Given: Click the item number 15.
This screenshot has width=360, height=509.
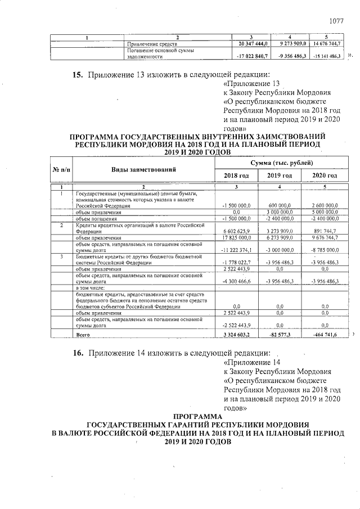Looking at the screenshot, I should tap(78, 75).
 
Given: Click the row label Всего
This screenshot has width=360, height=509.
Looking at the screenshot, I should tap(83, 335).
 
